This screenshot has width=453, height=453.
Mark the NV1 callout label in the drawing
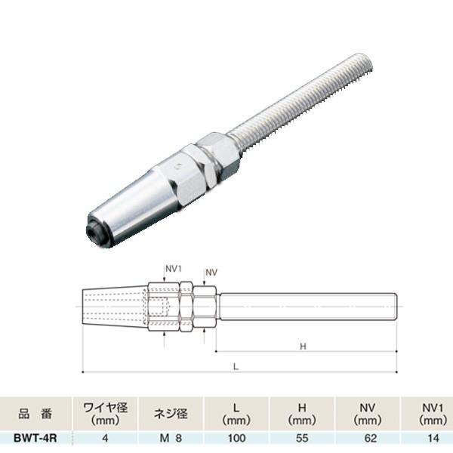[173, 267]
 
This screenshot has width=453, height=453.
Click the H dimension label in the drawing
[302, 347]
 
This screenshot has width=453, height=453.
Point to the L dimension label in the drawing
[236, 366]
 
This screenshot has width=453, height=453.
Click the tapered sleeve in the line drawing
[113, 307]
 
